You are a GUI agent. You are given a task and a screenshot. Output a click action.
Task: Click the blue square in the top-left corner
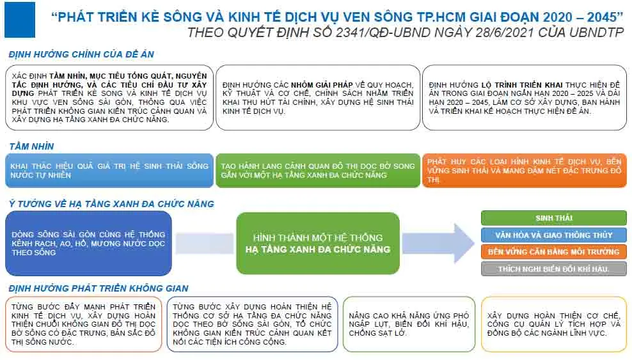click(x=20, y=20)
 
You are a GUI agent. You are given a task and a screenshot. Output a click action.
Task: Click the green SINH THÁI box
click(x=553, y=218)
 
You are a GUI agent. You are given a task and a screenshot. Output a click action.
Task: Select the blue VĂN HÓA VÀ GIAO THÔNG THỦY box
click(x=553, y=235)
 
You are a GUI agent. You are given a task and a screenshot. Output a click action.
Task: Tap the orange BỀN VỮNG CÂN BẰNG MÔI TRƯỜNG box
click(x=553, y=252)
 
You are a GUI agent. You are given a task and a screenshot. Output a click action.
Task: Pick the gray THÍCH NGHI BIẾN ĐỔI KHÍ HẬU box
click(x=553, y=269)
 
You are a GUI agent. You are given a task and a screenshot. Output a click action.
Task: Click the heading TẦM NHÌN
click(x=31, y=146)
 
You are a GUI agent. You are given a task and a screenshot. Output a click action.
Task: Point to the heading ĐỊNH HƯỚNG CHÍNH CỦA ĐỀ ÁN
click(x=81, y=55)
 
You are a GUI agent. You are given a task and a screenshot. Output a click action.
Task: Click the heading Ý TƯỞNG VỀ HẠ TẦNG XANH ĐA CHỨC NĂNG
click(x=111, y=204)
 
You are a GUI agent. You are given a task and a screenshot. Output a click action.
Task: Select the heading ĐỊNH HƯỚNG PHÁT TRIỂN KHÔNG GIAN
click(x=99, y=288)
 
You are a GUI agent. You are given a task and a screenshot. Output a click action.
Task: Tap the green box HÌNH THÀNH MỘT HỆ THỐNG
click(x=318, y=243)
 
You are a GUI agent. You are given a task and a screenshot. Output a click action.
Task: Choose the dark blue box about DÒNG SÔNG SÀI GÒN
click(x=89, y=243)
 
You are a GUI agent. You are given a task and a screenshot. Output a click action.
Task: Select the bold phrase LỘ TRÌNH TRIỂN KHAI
click(x=519, y=85)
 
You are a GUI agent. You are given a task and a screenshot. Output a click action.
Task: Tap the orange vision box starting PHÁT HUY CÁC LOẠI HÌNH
click(x=524, y=170)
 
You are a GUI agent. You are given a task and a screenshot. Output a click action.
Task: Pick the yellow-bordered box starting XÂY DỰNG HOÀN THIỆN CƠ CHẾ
click(x=553, y=324)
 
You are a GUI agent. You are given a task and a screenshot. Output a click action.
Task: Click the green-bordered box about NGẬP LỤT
click(x=409, y=324)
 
